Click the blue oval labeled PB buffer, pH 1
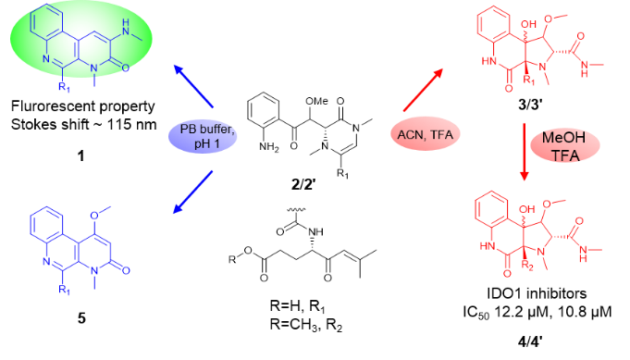point(203,136)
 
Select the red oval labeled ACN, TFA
point(426,134)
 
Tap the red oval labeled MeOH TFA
point(565,146)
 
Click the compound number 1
point(81,155)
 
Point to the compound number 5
point(81,318)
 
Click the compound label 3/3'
point(530,105)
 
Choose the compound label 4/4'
point(530,341)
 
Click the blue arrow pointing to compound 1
point(193,87)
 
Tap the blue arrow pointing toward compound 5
point(192,192)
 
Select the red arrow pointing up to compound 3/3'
point(423,90)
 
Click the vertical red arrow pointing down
point(524,153)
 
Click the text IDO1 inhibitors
point(537,293)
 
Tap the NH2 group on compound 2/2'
point(269,147)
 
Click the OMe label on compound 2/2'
point(317,101)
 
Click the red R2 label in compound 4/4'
point(526,265)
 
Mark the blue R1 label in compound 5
point(64,290)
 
